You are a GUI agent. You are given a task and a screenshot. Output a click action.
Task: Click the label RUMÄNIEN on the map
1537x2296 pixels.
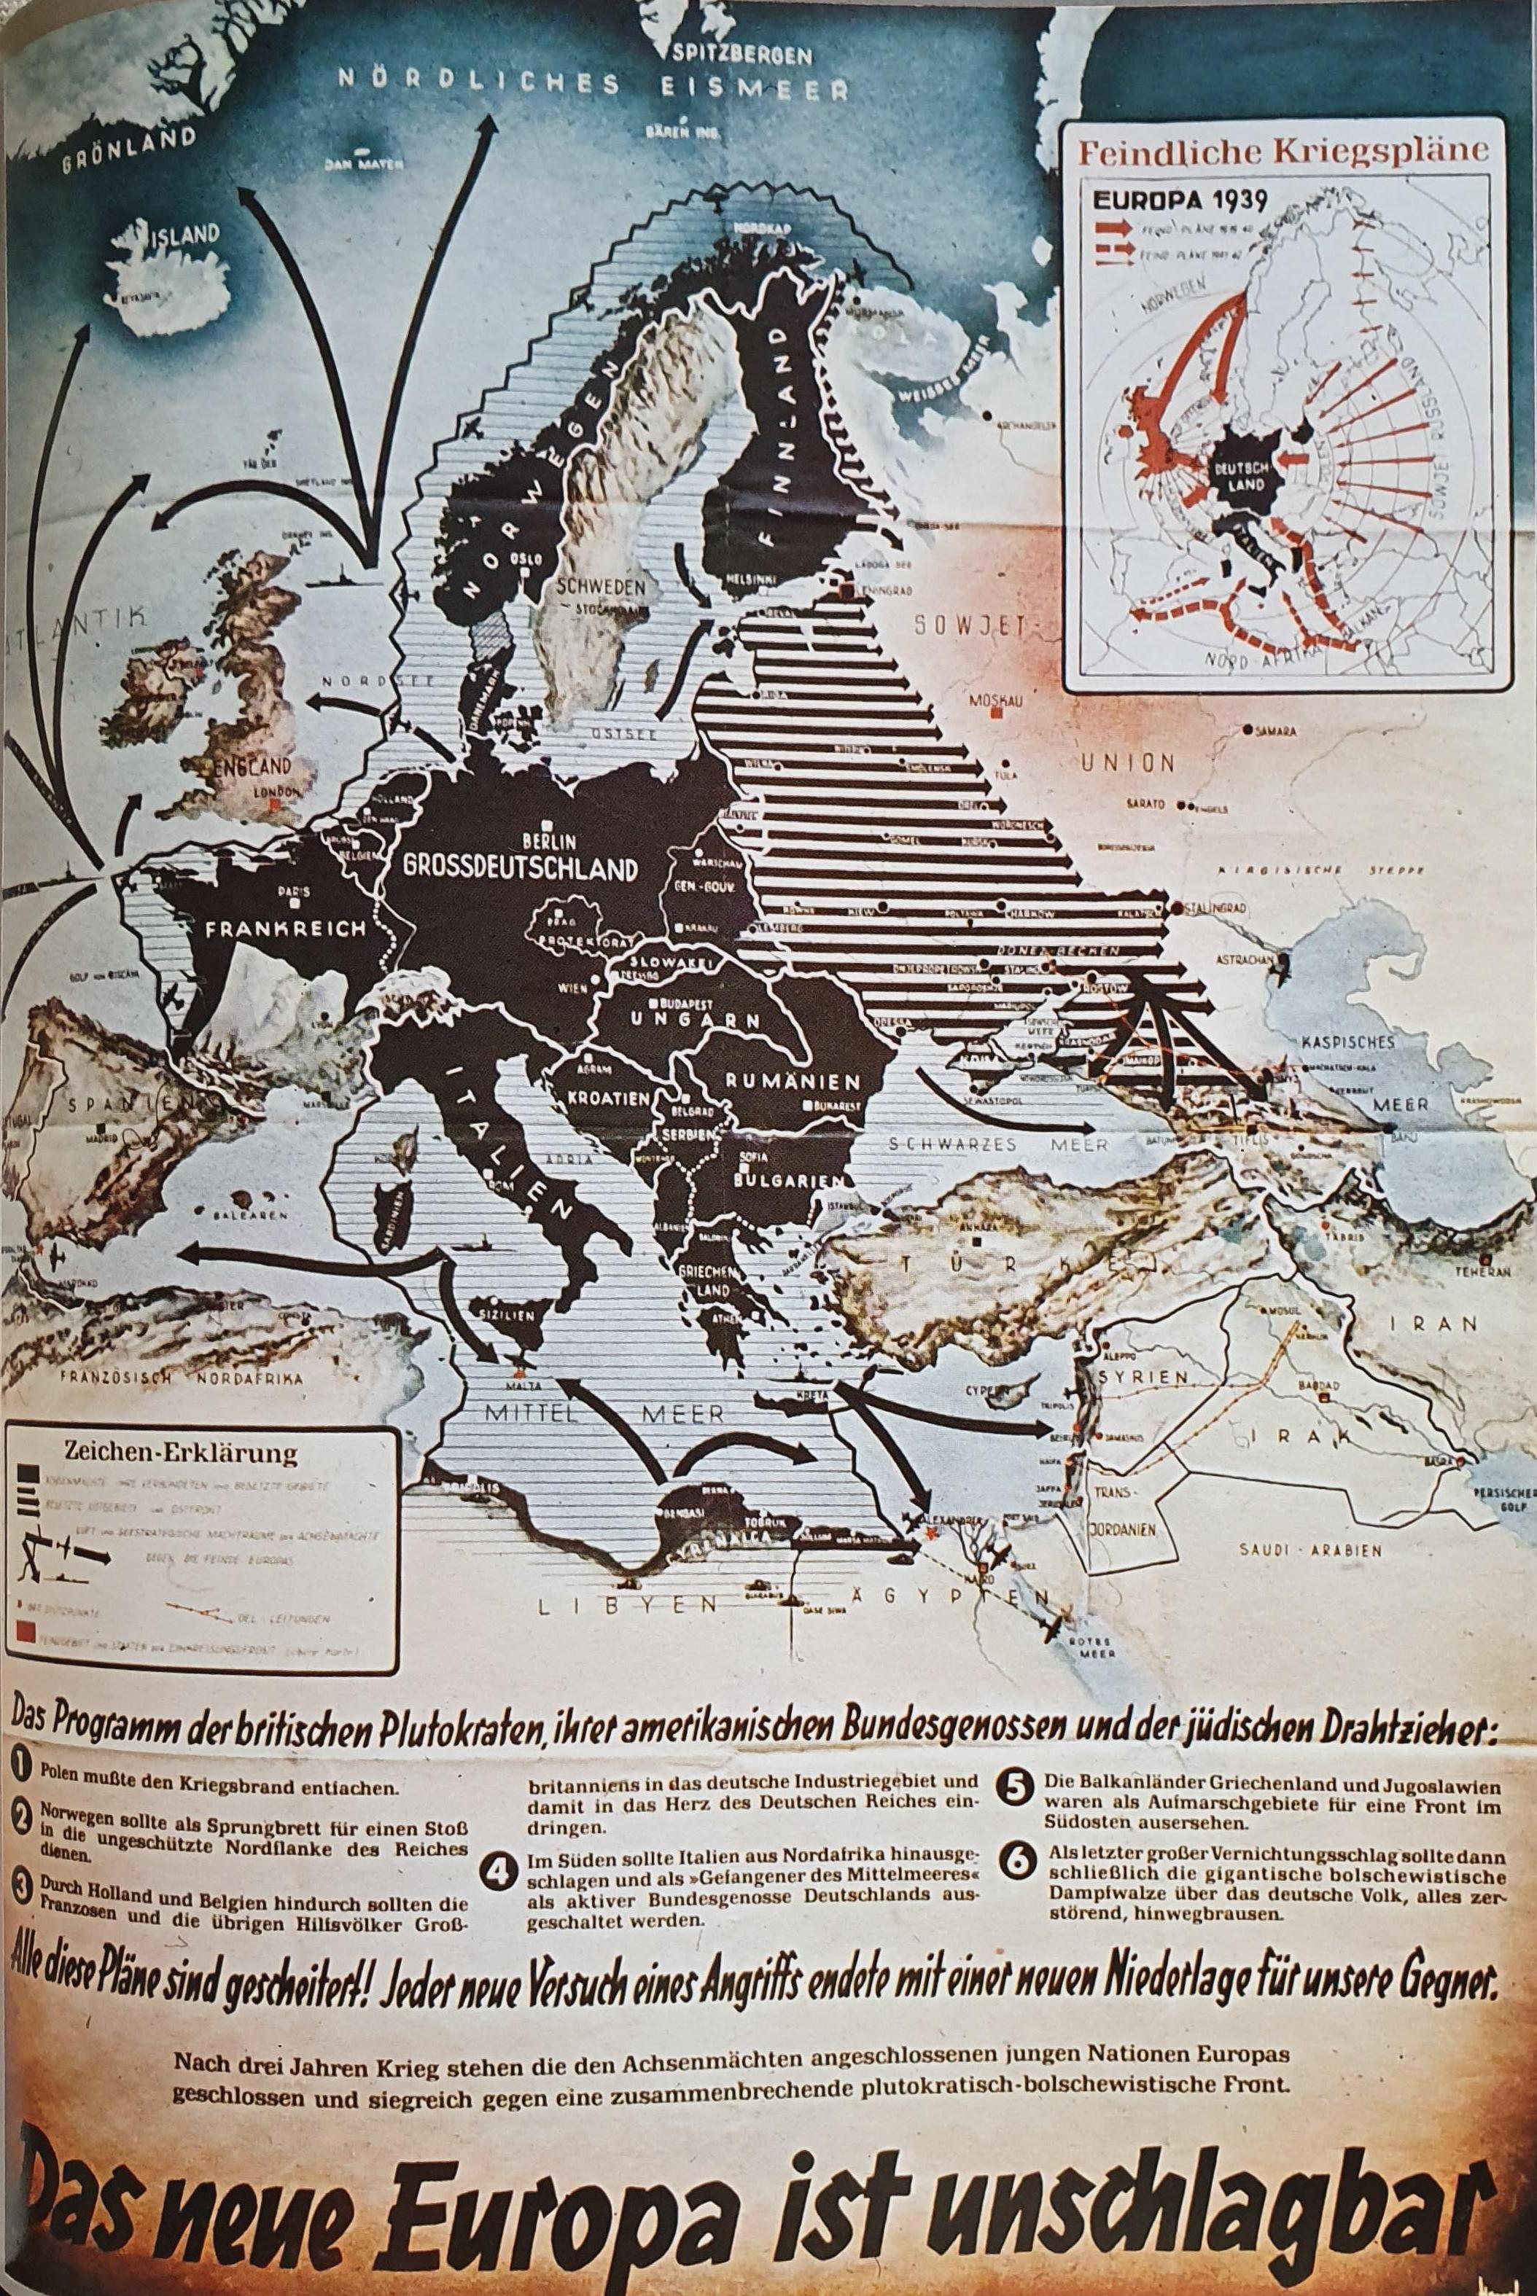(793, 1081)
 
